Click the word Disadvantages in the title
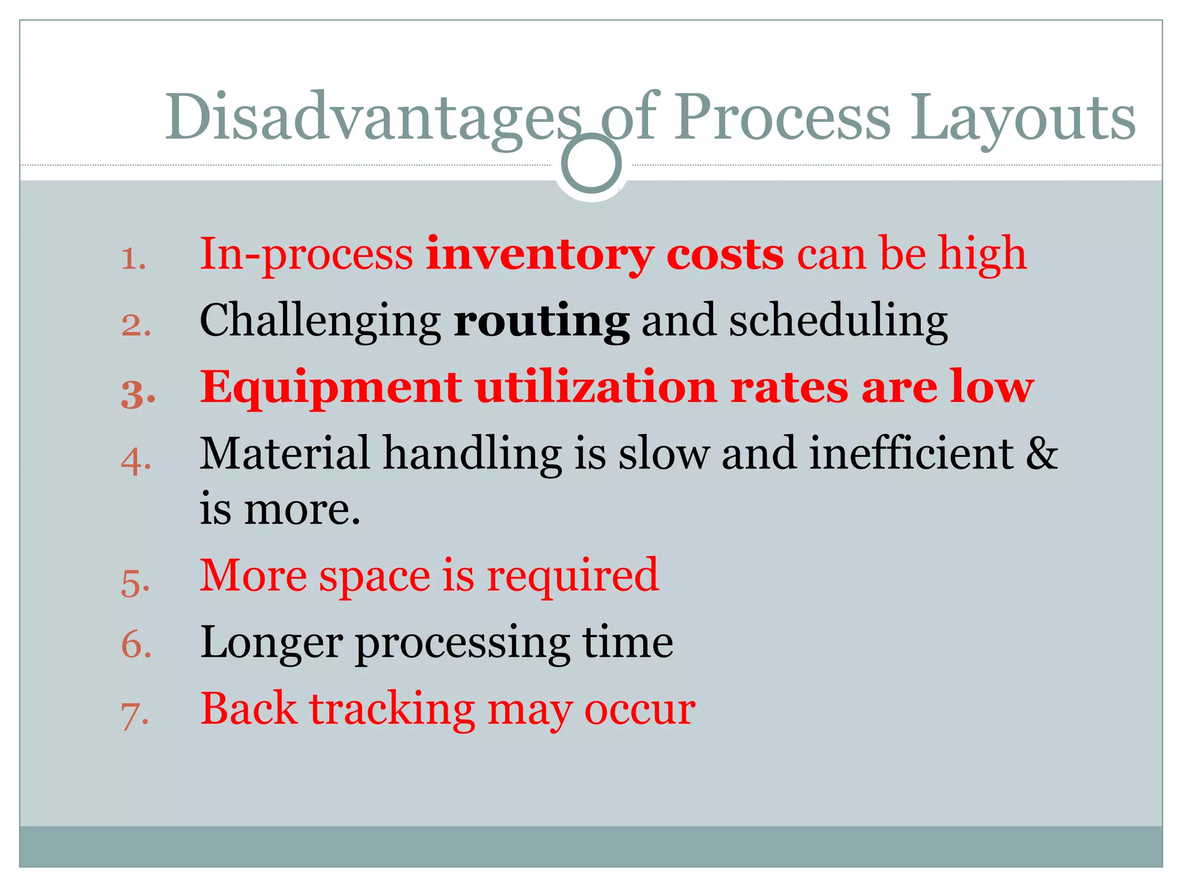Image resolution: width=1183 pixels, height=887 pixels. point(373,118)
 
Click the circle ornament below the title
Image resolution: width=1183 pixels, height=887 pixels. point(591,163)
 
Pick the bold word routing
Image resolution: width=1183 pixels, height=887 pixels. point(541,321)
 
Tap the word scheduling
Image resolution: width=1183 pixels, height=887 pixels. point(838,321)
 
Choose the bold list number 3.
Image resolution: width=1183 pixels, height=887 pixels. point(137,394)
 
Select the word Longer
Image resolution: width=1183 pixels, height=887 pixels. point(271,643)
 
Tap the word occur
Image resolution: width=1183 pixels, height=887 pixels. point(639,710)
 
